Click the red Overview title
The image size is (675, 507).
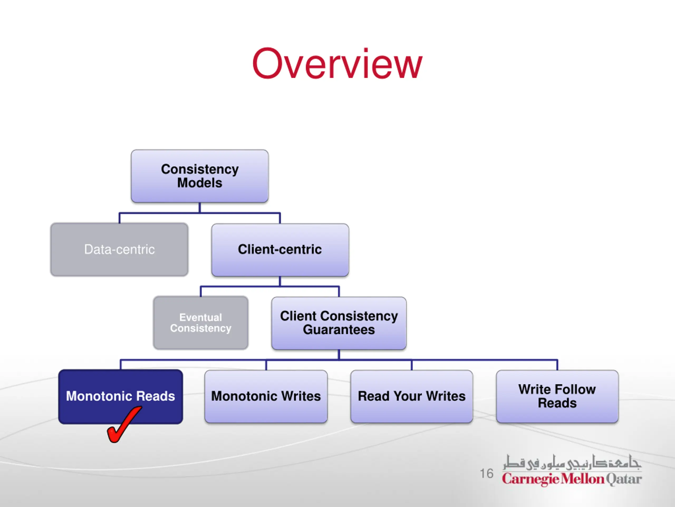click(x=337, y=64)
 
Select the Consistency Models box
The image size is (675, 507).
click(x=200, y=176)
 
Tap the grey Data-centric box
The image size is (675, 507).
click(x=119, y=249)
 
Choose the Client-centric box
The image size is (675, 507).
click(x=280, y=250)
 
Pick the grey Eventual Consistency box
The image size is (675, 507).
click(x=201, y=323)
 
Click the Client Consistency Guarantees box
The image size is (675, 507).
click(x=339, y=323)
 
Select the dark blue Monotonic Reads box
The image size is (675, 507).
click(x=120, y=397)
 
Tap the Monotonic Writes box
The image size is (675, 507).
click(x=266, y=397)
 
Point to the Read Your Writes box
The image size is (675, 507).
click(x=412, y=397)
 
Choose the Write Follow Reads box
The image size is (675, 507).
click(x=557, y=397)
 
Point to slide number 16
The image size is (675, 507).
click(x=487, y=474)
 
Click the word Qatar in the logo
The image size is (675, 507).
click(x=624, y=479)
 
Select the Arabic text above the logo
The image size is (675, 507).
click(x=572, y=462)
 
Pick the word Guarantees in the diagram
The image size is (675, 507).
click(x=339, y=330)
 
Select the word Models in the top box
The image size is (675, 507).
click(x=200, y=183)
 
